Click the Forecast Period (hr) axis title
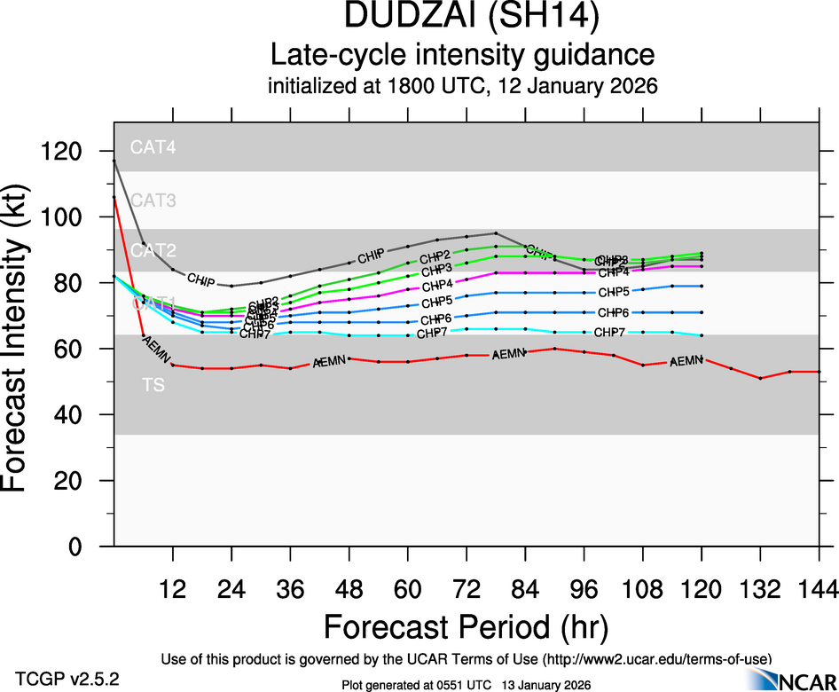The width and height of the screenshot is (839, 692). tap(466, 626)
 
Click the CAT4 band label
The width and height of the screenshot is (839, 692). tap(153, 148)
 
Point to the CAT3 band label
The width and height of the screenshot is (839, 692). tap(153, 201)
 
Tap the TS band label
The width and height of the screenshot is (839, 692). tap(153, 385)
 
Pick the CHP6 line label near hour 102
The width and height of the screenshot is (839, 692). tap(613, 313)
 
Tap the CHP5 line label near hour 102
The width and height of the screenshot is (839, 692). tap(613, 292)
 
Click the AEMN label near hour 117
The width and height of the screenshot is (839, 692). tap(686, 361)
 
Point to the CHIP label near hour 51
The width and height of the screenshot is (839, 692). tap(370, 258)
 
